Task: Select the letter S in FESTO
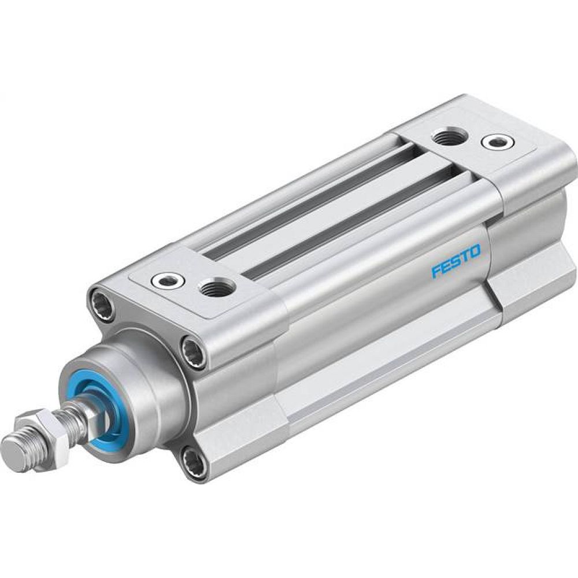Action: [x=456, y=262]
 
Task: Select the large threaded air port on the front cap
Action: [x=216, y=287]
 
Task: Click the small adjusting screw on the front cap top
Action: [x=168, y=281]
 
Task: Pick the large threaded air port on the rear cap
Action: [x=447, y=138]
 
